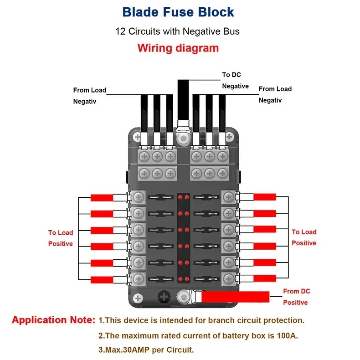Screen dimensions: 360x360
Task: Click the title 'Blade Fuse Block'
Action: pyautogui.click(x=179, y=12)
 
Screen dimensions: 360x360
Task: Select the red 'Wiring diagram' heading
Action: pyautogui.click(x=178, y=48)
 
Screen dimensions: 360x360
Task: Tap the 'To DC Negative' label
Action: pyautogui.click(x=235, y=80)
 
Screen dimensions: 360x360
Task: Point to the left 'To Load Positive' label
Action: pyautogui.click(x=61, y=238)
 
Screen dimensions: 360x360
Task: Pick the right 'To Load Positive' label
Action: pyautogui.click(x=303, y=237)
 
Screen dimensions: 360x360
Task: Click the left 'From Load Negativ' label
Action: pyautogui.click(x=89, y=95)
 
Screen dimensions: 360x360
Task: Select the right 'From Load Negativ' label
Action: pyautogui.click(x=275, y=94)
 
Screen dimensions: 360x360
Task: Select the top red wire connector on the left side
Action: pyautogui.click(x=102, y=197)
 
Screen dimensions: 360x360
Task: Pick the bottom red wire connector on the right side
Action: pyautogui.click(x=264, y=278)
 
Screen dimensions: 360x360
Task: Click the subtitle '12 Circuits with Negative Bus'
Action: pyautogui.click(x=178, y=31)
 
